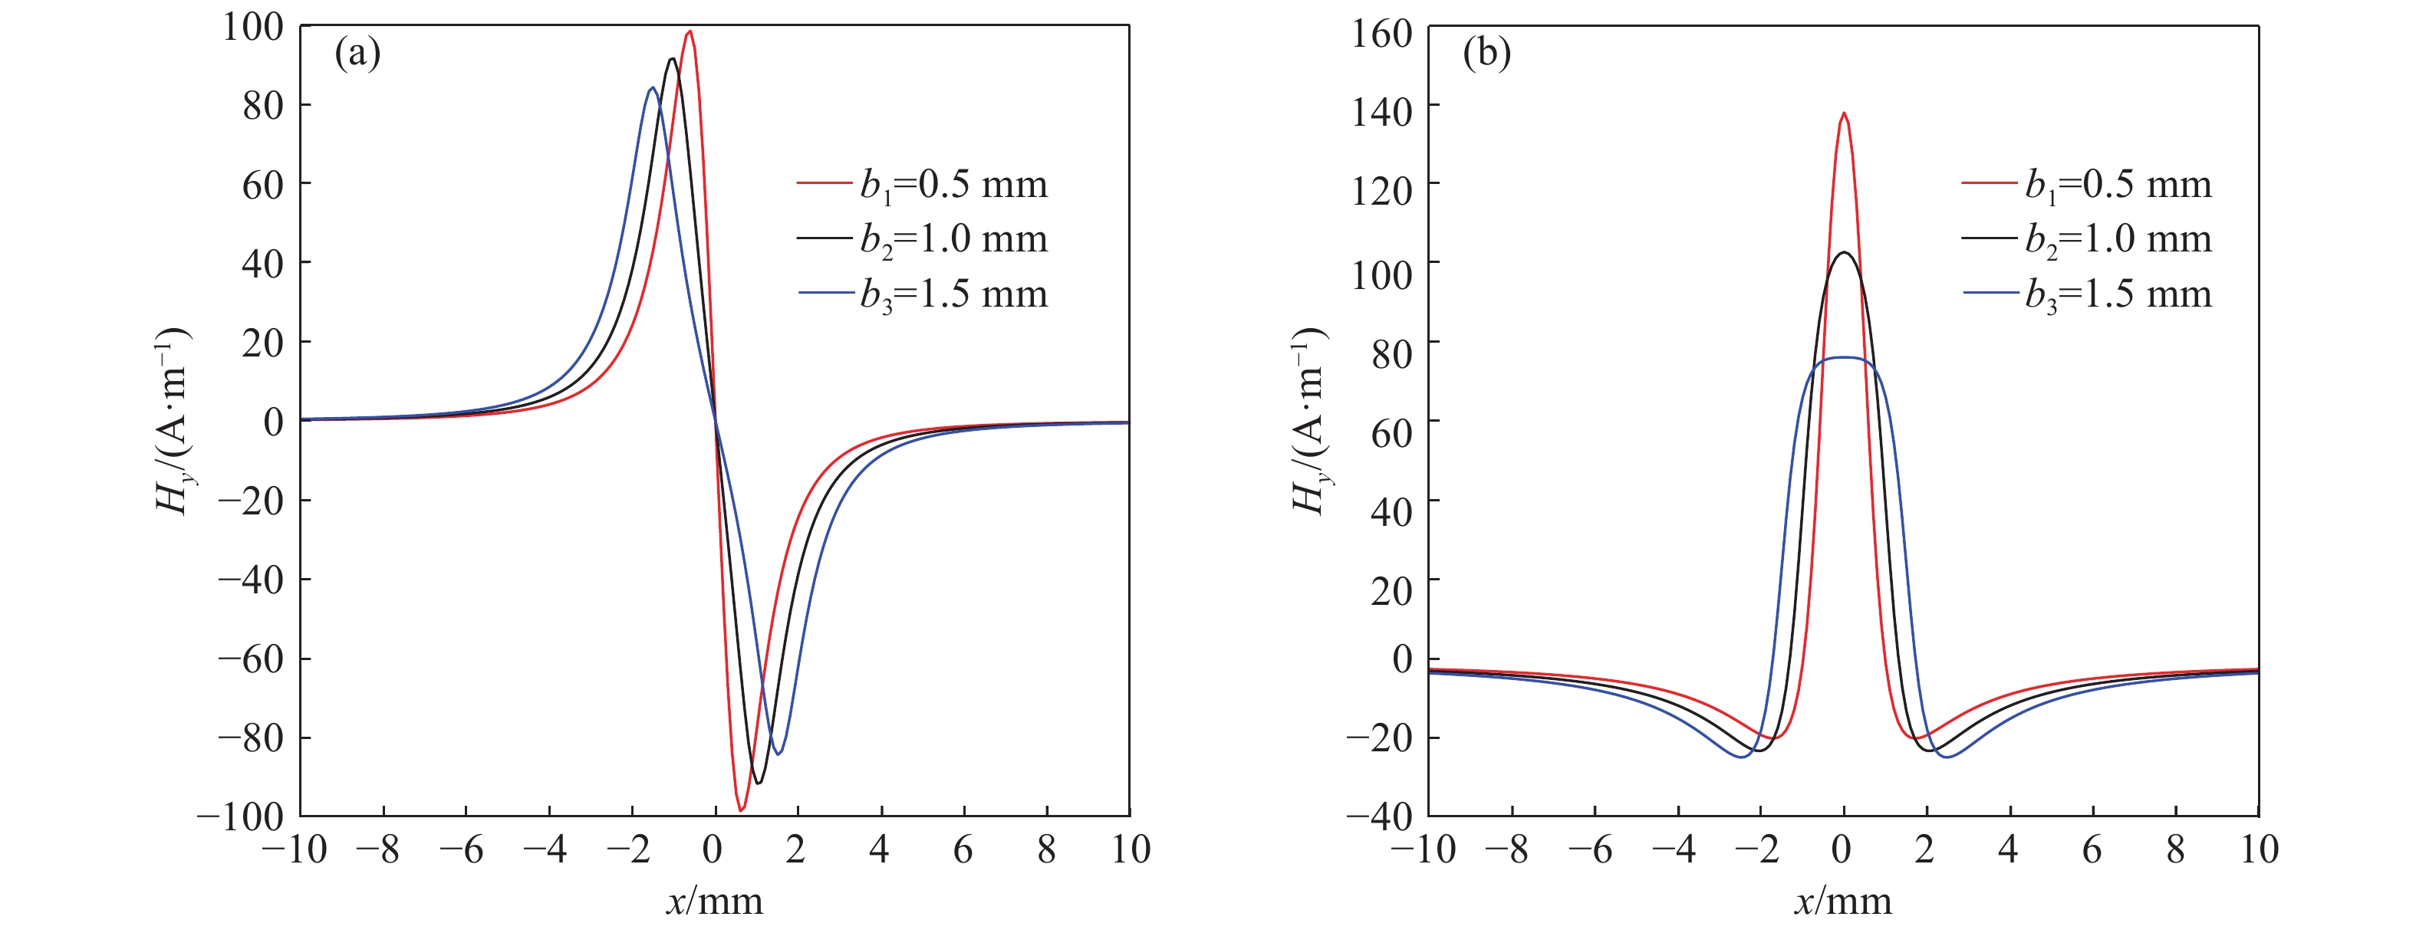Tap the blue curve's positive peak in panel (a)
click(652, 88)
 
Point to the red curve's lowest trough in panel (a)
click(741, 810)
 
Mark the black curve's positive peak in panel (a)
click(672, 60)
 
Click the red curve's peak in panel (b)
click(1844, 114)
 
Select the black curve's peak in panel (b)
click(1844, 253)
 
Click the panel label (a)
click(357, 54)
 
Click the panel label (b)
click(1486, 54)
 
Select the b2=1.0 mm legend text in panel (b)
click(2118, 240)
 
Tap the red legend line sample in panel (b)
click(1988, 183)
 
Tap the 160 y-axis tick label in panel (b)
click(1381, 34)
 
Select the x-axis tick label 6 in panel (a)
click(963, 849)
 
